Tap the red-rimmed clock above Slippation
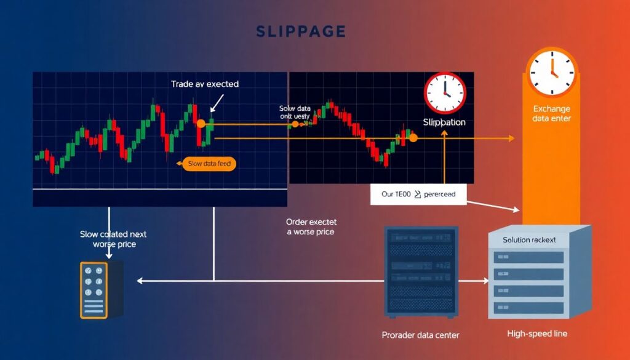tap(445, 93)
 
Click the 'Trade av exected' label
tap(205, 84)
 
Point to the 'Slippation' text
tap(444, 122)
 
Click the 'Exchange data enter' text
tap(551, 113)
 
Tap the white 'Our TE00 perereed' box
tap(418, 194)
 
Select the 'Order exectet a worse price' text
tap(311, 226)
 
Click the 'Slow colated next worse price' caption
tap(113, 239)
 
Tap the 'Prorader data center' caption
tap(420, 335)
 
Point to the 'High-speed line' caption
tap(537, 334)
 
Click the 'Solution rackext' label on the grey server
tap(529, 240)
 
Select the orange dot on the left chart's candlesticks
tap(201, 124)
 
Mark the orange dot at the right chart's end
tap(413, 138)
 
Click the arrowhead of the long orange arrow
tap(511, 138)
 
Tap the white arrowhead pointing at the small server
tap(140, 281)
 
